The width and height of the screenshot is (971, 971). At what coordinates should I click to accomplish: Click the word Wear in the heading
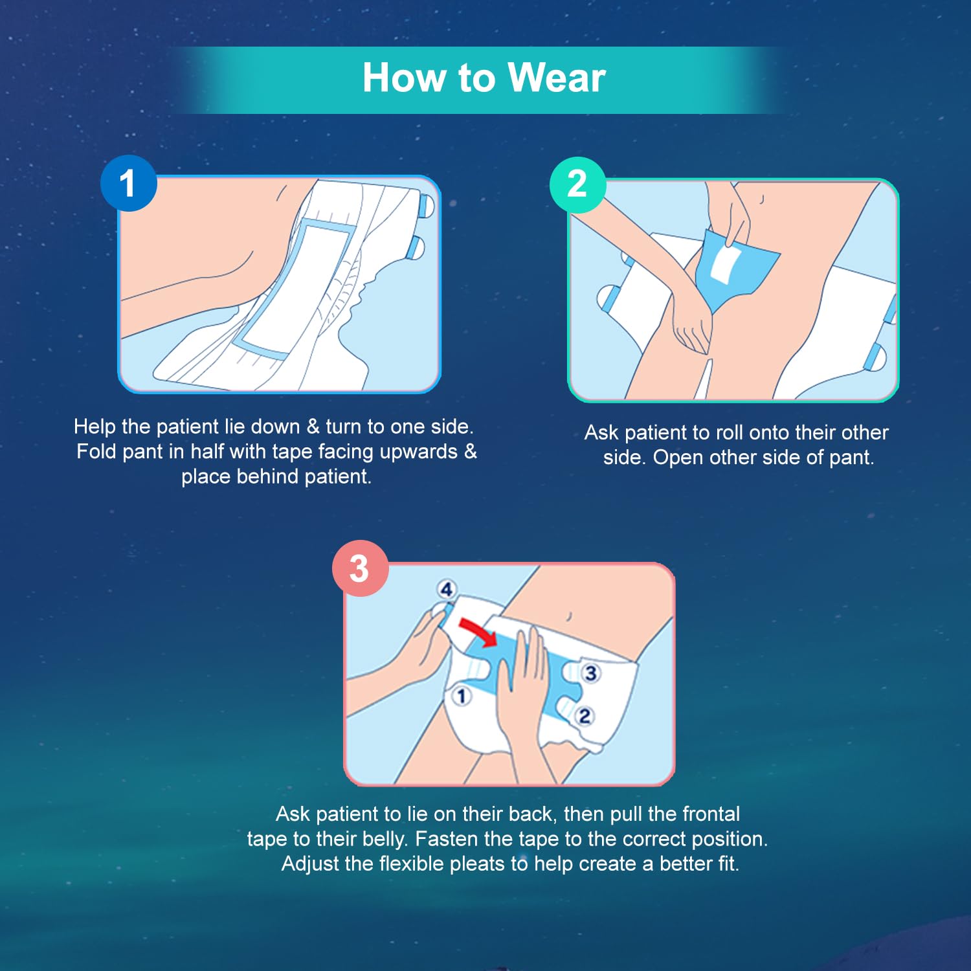click(x=557, y=78)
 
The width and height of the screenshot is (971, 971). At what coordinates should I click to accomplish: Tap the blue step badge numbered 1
click(x=128, y=183)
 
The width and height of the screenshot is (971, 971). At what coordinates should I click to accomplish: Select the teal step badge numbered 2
click(x=577, y=184)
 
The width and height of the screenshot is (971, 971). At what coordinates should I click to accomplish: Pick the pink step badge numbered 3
click(x=360, y=568)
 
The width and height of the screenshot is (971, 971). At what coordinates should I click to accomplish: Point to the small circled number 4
click(x=447, y=590)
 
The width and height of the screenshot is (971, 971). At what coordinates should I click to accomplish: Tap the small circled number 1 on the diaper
click(x=461, y=697)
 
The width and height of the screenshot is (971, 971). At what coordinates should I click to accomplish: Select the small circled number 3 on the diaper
click(x=590, y=673)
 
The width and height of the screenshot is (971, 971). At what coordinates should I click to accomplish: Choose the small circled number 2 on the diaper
click(x=585, y=716)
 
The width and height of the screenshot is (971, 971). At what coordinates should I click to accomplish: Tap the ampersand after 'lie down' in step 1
click(x=313, y=427)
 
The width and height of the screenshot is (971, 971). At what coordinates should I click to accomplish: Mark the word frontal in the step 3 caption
click(x=711, y=814)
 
